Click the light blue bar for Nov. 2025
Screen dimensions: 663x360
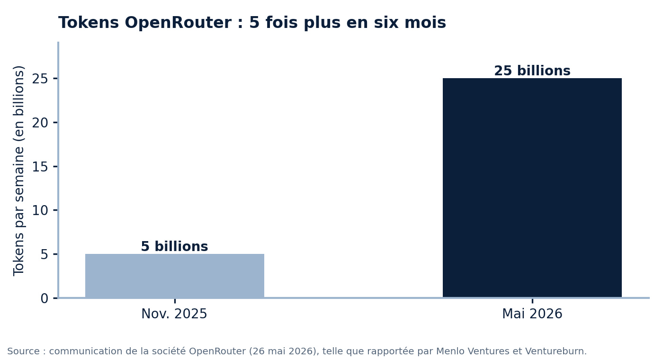pyautogui.click(x=175, y=276)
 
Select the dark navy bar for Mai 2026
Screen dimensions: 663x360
pyautogui.click(x=532, y=188)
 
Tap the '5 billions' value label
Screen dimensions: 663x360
pyautogui.click(x=174, y=246)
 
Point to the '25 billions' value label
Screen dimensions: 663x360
pyautogui.click(x=532, y=71)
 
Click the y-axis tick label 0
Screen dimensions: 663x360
pyautogui.click(x=45, y=298)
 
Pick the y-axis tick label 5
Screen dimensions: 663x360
pyautogui.click(x=45, y=255)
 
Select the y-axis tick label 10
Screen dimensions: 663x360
pyautogui.click(x=40, y=210)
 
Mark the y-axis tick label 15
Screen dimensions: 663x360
pyautogui.click(x=40, y=167)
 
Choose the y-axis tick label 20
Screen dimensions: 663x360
pyautogui.click(x=40, y=123)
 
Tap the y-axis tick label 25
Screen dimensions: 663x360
pyautogui.click(x=40, y=79)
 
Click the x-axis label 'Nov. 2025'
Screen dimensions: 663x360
pyautogui.click(x=174, y=314)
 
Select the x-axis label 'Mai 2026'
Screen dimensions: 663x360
pyautogui.click(x=532, y=314)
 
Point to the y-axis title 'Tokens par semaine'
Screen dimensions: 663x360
pyautogui.click(x=18, y=198)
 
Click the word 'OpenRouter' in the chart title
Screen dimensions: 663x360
pyautogui.click(x=178, y=23)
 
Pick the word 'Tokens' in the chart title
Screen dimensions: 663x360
pyautogui.click(x=89, y=23)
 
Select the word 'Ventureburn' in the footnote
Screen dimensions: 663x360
pyautogui.click(x=553, y=351)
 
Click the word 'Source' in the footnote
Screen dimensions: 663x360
pyautogui.click(x=23, y=351)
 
